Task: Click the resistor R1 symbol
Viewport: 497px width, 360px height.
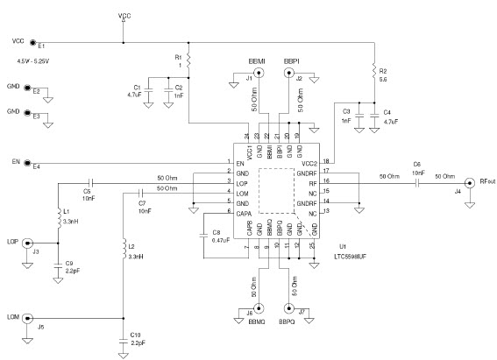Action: click(188, 62)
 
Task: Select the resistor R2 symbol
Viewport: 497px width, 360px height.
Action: click(373, 70)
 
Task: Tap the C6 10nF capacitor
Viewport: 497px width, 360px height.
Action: click(418, 183)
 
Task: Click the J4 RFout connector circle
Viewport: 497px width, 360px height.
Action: click(470, 183)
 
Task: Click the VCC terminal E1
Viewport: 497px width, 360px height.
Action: click(32, 42)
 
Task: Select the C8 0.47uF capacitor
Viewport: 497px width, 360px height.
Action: click(204, 236)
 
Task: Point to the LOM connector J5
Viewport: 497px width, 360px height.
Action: click(26, 317)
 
